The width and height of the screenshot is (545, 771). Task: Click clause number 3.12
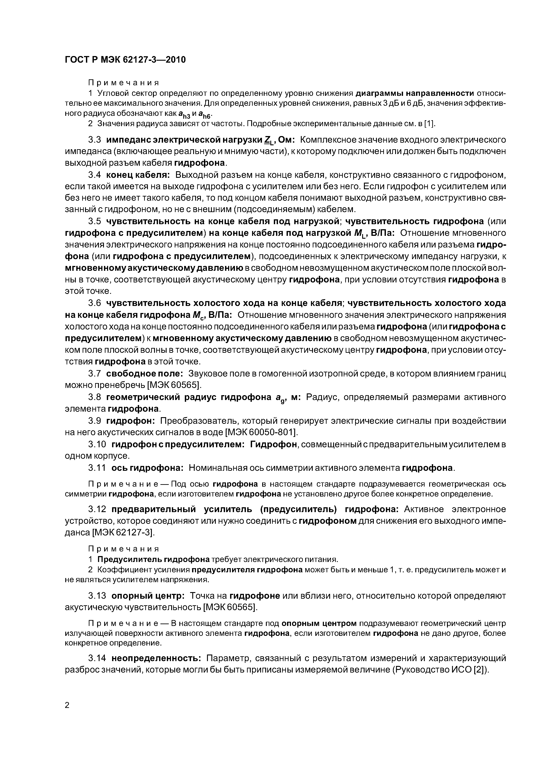point(97,509)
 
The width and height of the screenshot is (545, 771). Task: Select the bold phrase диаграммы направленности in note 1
point(415,93)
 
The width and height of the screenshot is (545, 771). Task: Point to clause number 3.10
point(97,444)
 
